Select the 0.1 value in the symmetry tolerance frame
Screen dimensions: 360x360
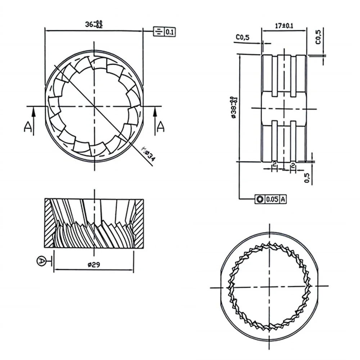170,32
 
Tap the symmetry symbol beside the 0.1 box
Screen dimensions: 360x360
158,32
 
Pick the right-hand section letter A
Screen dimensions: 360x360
161,126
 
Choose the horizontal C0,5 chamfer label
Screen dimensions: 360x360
243,37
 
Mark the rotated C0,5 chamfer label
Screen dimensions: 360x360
318,36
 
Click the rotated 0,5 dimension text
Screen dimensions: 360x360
307,177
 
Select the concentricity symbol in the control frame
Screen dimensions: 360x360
259,199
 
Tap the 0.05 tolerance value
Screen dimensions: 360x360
272,199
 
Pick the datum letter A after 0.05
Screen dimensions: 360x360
283,199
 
